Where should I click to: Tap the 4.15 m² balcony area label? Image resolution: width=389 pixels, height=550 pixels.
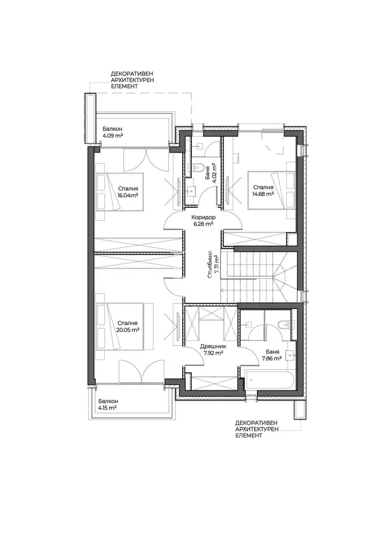107,408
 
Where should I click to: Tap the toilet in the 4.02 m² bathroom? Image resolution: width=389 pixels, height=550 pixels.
198,168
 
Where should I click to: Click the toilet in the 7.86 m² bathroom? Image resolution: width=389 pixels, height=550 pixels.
283,324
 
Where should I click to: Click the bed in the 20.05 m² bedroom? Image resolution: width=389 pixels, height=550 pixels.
120,327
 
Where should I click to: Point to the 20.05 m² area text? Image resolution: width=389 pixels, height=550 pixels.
127,329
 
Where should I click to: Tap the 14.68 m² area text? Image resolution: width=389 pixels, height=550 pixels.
263,193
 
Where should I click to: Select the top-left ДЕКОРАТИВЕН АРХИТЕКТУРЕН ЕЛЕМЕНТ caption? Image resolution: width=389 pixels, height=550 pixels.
132,79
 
